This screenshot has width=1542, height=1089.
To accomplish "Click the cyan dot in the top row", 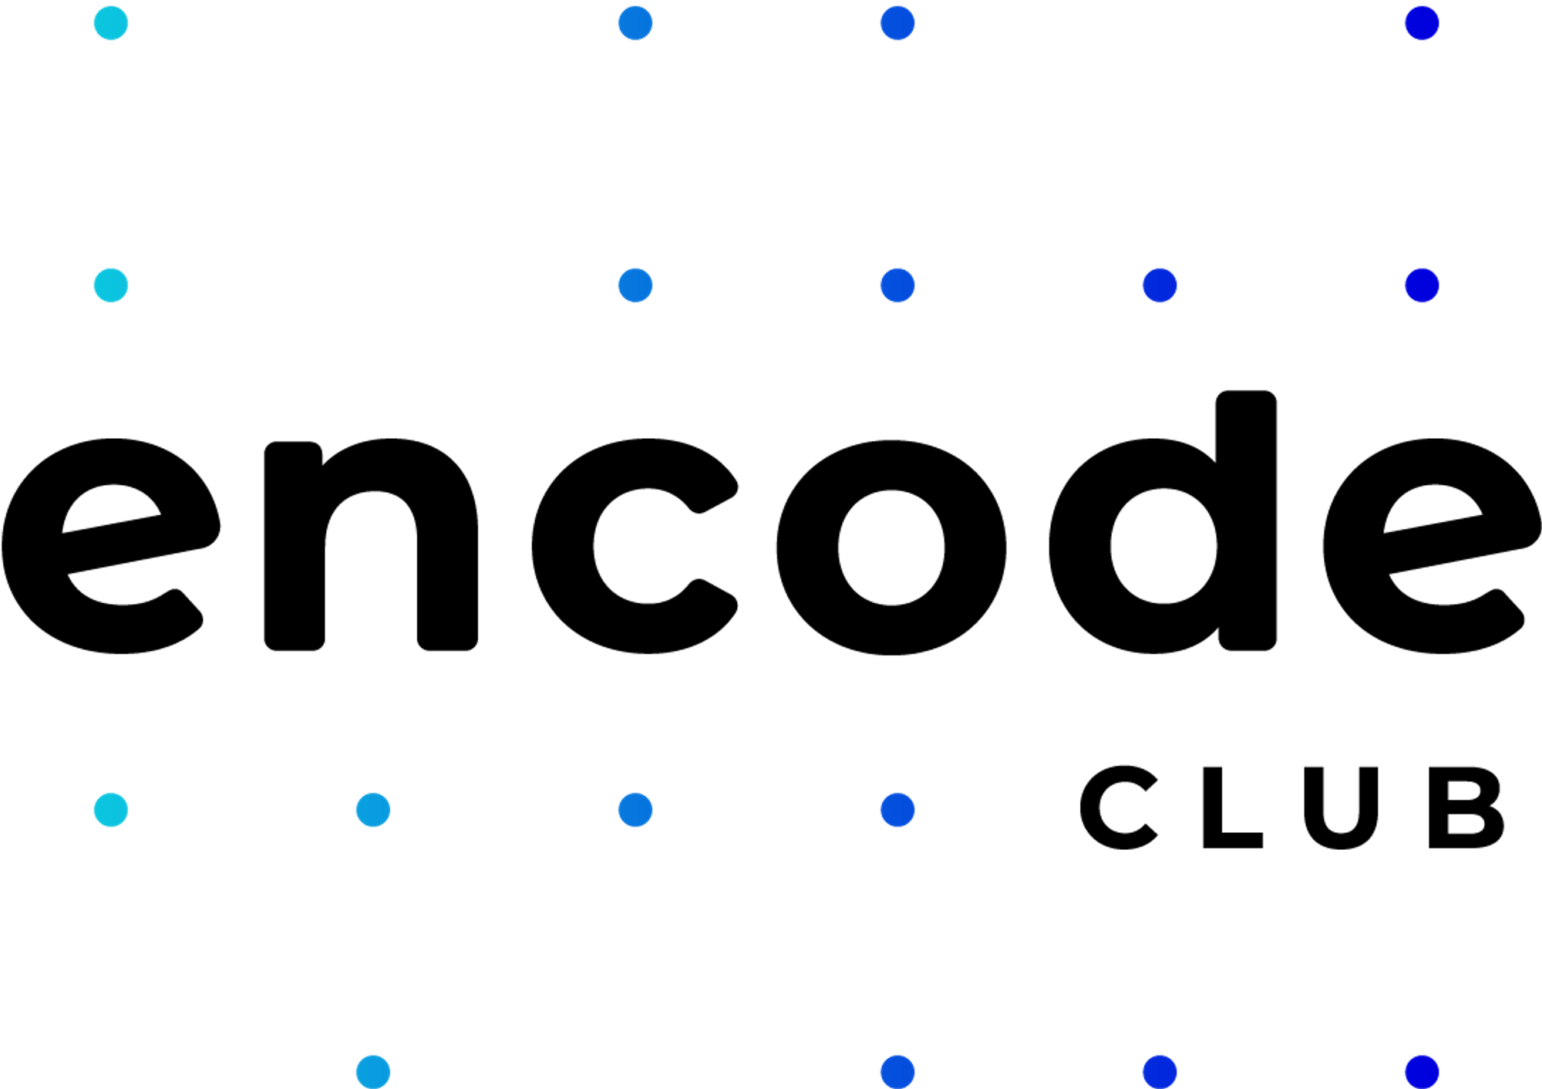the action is click(x=111, y=23).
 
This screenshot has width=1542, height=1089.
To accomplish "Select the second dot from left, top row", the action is click(x=635, y=23).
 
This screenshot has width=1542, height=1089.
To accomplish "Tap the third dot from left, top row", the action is click(x=897, y=23).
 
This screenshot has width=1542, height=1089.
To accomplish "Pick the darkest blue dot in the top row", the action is click(x=1422, y=23).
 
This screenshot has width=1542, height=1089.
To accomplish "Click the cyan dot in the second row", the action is click(x=111, y=285).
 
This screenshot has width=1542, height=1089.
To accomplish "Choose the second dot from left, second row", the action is click(x=635, y=285).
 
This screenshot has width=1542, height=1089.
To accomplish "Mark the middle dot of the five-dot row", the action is click(x=897, y=285).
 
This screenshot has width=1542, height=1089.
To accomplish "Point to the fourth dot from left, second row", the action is click(x=1160, y=285).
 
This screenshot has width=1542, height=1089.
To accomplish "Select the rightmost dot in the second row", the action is click(x=1422, y=285).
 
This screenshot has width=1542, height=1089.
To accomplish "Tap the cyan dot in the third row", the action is click(x=111, y=810).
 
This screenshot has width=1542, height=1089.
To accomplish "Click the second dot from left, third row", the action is click(x=373, y=810).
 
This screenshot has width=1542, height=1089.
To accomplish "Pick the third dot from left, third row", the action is click(x=635, y=810).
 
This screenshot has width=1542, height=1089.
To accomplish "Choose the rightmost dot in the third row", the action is click(x=897, y=810).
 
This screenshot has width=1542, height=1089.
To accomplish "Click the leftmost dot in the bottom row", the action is click(x=373, y=1072).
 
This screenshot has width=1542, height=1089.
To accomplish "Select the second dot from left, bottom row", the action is click(x=897, y=1072).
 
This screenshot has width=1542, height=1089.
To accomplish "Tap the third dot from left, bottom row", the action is click(x=1160, y=1072).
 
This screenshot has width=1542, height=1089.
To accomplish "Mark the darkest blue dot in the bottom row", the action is click(x=1422, y=1072).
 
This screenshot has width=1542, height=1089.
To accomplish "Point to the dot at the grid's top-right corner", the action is click(x=1422, y=23).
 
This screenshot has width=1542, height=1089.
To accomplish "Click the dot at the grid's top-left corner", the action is click(x=111, y=23).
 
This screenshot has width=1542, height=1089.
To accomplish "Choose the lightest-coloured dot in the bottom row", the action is click(x=373, y=1072).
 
